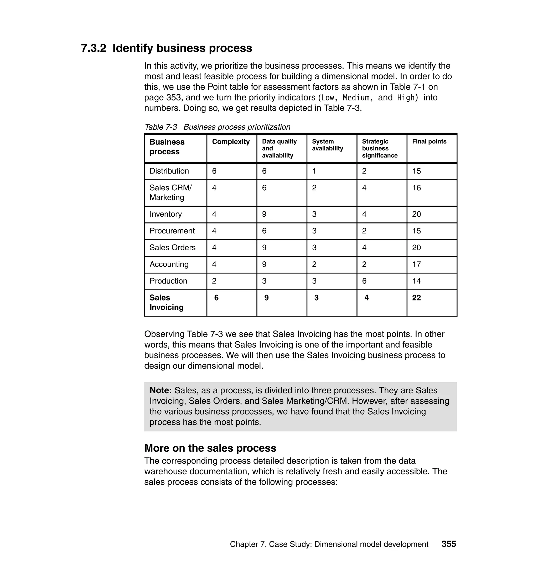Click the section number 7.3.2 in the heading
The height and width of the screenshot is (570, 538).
pyautogui.click(x=94, y=48)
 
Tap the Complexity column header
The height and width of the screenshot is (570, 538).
pyautogui.click(x=231, y=142)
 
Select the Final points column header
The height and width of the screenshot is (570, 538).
pyautogui.click(x=429, y=141)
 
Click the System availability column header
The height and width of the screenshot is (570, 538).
pyautogui.click(x=327, y=145)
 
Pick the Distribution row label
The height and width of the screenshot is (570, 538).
pyautogui.click(x=169, y=171)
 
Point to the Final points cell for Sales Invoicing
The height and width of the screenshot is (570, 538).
pyautogui.click(x=416, y=298)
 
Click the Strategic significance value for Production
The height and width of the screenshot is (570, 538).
pyautogui.click(x=364, y=281)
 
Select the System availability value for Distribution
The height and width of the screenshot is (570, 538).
pyautogui.click(x=314, y=171)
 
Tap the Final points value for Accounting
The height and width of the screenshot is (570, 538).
pyautogui.click(x=416, y=264)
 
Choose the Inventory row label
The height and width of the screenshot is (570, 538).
pyautogui.click(x=165, y=214)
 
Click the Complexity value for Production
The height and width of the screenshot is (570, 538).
pyautogui.click(x=214, y=281)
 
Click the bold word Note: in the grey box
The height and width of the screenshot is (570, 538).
pyautogui.click(x=161, y=390)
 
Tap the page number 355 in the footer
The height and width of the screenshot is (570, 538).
pyautogui.click(x=448, y=544)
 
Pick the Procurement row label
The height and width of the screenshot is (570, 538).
pyautogui.click(x=172, y=231)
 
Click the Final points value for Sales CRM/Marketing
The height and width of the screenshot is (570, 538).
pyautogui.click(x=416, y=188)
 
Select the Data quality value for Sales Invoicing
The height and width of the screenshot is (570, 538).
pyautogui.click(x=266, y=298)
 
